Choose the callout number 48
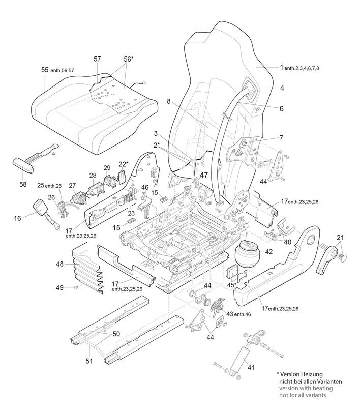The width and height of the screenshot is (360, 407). click(61, 264)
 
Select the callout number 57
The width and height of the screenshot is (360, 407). click(98, 60)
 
